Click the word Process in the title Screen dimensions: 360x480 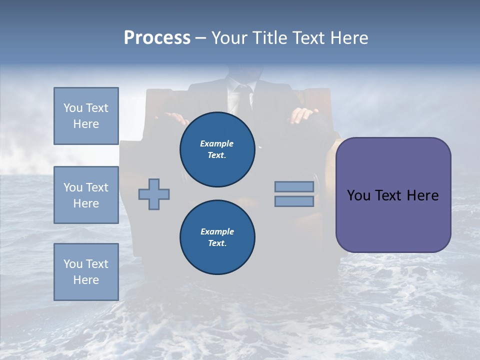click(x=157, y=38)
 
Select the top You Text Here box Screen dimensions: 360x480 click(x=86, y=116)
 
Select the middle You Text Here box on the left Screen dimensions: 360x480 click(x=86, y=195)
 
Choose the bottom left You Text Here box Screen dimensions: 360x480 click(x=86, y=271)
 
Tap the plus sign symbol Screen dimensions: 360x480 click(x=154, y=194)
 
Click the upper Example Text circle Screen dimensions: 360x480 click(x=217, y=149)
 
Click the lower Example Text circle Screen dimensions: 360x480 click(x=217, y=237)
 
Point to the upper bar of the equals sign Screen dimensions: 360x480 click(x=294, y=186)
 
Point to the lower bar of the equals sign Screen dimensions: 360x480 click(x=294, y=201)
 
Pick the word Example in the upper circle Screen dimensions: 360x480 click(x=217, y=144)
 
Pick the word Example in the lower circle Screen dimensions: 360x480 click(x=217, y=232)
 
